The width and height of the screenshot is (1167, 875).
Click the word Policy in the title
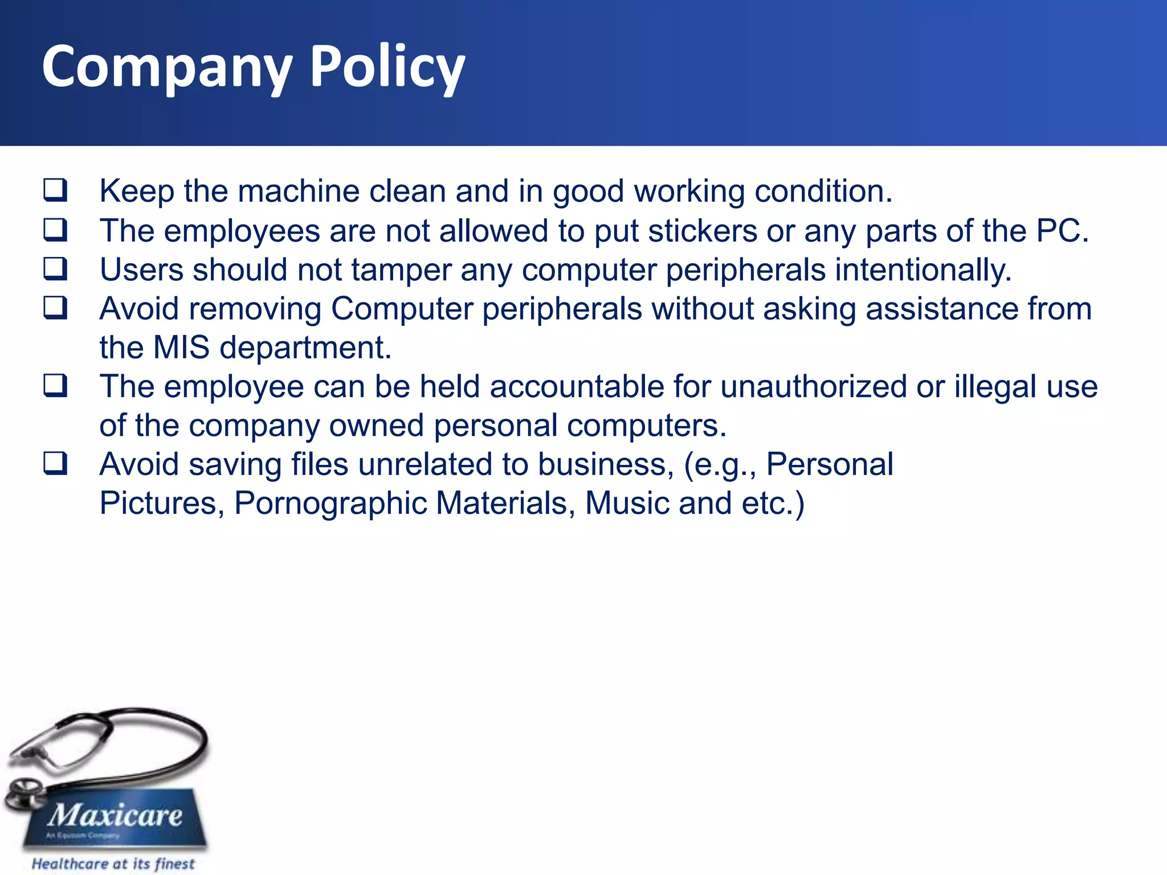(x=387, y=67)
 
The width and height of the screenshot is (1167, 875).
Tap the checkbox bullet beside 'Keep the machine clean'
(x=55, y=190)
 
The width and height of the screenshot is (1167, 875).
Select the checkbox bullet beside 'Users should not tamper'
(x=55, y=269)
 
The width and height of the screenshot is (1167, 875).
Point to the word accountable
(x=577, y=386)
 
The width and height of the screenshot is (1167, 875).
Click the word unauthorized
(x=813, y=386)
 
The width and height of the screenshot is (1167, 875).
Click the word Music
(x=626, y=503)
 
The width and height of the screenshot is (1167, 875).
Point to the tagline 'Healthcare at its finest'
(x=113, y=864)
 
